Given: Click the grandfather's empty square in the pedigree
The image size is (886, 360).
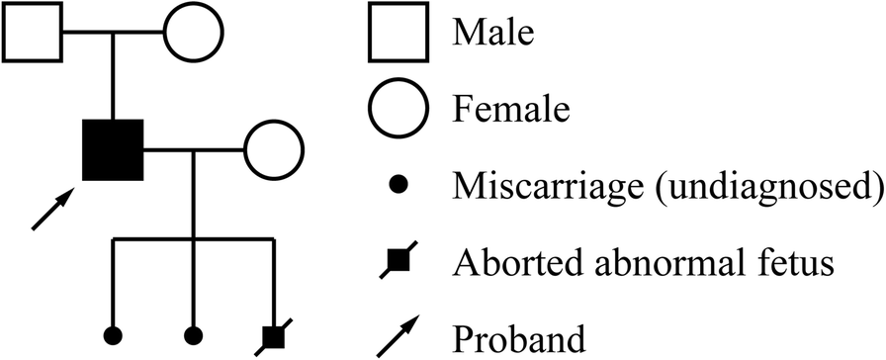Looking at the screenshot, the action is [x=33, y=33].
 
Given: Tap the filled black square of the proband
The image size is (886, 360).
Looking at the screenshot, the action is [x=114, y=150].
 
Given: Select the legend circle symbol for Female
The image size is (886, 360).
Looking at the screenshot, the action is [x=397, y=106].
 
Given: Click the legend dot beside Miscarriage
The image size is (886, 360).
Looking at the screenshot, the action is [x=397, y=185].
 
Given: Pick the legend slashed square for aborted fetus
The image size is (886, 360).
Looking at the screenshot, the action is [x=397, y=261].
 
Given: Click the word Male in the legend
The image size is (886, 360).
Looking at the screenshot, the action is [x=493, y=33].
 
